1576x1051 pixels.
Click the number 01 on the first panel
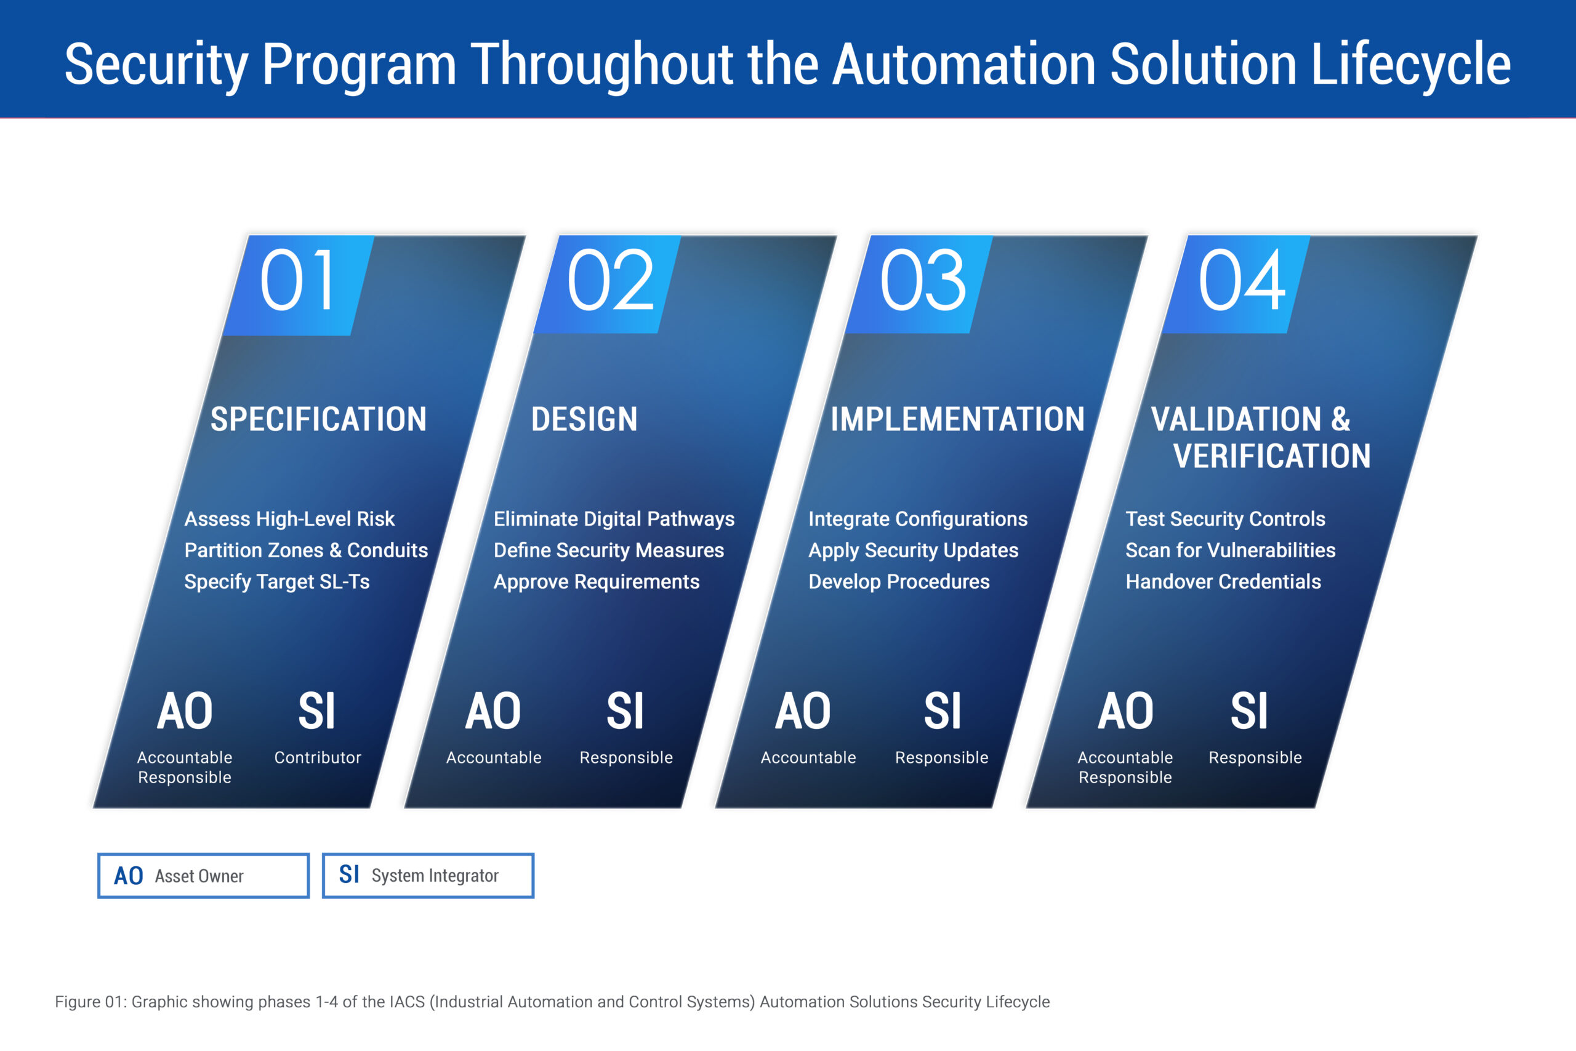pyautogui.click(x=297, y=280)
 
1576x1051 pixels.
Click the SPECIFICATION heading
pyautogui.click(x=318, y=419)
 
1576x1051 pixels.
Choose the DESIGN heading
pyautogui.click(x=584, y=419)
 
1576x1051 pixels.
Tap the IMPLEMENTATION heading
pyautogui.click(x=957, y=419)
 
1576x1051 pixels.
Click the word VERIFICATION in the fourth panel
pyautogui.click(x=1272, y=456)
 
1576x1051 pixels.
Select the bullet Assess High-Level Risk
pyautogui.click(x=289, y=519)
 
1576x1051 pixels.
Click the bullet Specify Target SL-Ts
pyautogui.click(x=277, y=582)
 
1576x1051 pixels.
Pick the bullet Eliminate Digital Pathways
pyautogui.click(x=614, y=519)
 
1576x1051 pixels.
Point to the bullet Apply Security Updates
pyautogui.click(x=914, y=550)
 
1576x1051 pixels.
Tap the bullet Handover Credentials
pyautogui.click(x=1223, y=582)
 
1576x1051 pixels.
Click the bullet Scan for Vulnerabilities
pyautogui.click(x=1230, y=550)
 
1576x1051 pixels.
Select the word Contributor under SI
pyautogui.click(x=318, y=757)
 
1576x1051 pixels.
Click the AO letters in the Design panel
pyautogui.click(x=493, y=711)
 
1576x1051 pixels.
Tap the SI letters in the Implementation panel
pyautogui.click(x=942, y=711)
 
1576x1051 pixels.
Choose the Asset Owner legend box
pyautogui.click(x=203, y=876)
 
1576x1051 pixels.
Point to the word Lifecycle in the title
pyautogui.click(x=1410, y=65)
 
